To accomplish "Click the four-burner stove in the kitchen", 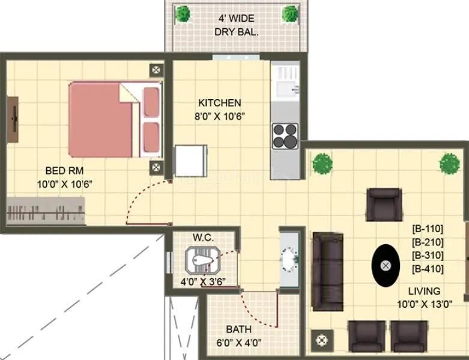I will tap(285, 136).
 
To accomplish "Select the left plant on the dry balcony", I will tap(183, 13).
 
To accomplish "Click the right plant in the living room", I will tap(449, 162).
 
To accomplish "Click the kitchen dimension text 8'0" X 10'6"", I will tap(219, 116).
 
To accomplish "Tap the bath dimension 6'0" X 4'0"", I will tap(238, 343).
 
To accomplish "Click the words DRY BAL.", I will tap(237, 32).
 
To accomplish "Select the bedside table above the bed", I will tap(156, 70).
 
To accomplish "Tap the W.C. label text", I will tap(204, 237).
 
